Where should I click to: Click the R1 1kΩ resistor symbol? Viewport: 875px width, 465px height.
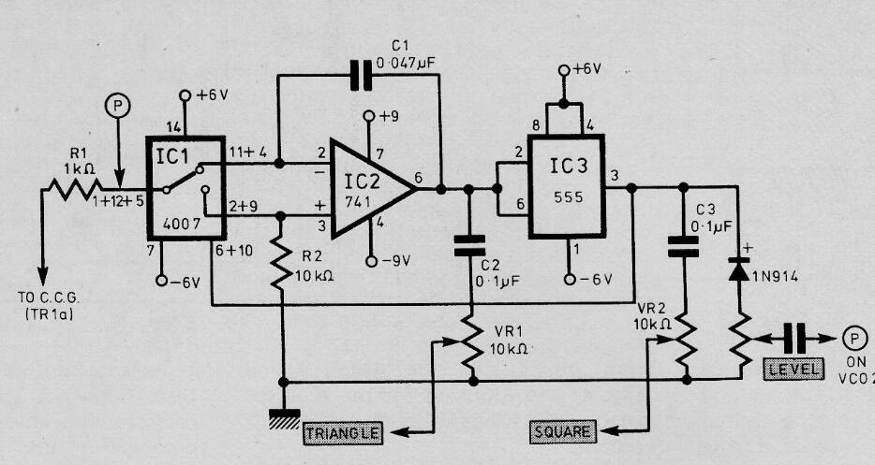[x=75, y=189]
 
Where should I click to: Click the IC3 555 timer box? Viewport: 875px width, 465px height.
[x=567, y=185]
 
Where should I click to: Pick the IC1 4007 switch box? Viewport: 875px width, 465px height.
[x=185, y=188]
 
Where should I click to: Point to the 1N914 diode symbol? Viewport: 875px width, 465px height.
[x=738, y=271]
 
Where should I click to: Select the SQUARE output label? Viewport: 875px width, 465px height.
[x=562, y=431]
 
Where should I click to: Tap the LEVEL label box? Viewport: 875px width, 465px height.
[x=793, y=369]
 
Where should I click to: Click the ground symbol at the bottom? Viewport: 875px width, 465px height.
[x=284, y=419]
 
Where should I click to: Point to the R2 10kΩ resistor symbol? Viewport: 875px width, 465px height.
[x=282, y=267]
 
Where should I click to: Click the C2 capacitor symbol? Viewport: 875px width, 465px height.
[x=469, y=246]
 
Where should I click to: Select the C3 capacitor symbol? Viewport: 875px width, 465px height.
[x=683, y=246]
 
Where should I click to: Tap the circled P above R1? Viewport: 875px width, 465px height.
[x=117, y=106]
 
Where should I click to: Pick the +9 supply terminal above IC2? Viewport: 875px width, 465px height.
[x=368, y=116]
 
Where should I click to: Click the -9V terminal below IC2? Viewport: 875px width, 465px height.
[x=371, y=261]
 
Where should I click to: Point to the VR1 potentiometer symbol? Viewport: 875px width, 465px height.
[x=473, y=341]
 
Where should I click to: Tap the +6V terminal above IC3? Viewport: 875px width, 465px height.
[x=564, y=69]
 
